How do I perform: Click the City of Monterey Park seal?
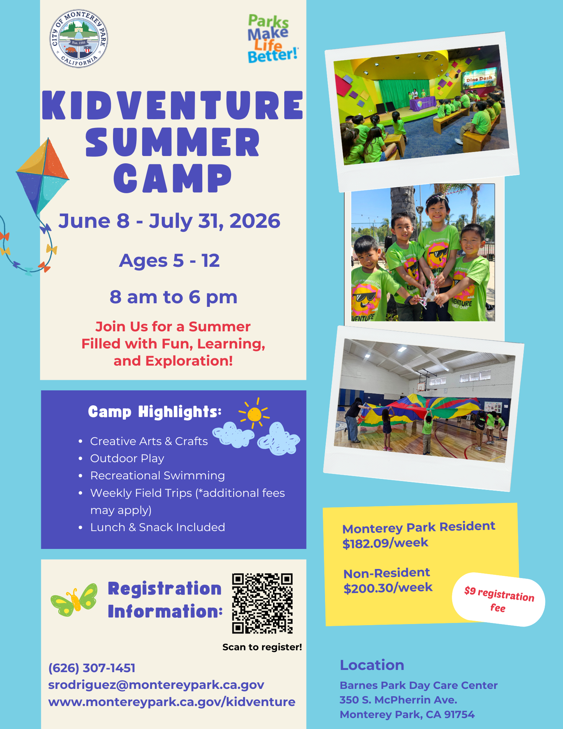(x=79, y=39)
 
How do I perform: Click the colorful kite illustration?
(x=42, y=177)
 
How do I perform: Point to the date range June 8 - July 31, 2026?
(x=169, y=221)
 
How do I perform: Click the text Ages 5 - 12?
(x=169, y=261)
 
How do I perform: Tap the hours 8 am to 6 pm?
(x=173, y=297)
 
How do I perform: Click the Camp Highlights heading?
(x=155, y=412)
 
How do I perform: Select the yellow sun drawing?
(x=254, y=414)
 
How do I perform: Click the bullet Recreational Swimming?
(x=157, y=476)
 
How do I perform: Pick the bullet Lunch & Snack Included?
(x=157, y=527)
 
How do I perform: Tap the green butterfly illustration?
(x=74, y=600)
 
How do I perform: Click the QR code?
(x=262, y=603)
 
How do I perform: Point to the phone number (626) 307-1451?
(x=92, y=668)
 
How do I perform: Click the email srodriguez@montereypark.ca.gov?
(x=156, y=685)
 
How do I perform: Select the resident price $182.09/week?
(x=385, y=543)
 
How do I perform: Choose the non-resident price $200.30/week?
(x=388, y=588)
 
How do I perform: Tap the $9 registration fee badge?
(x=499, y=600)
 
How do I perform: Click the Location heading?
(x=372, y=665)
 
